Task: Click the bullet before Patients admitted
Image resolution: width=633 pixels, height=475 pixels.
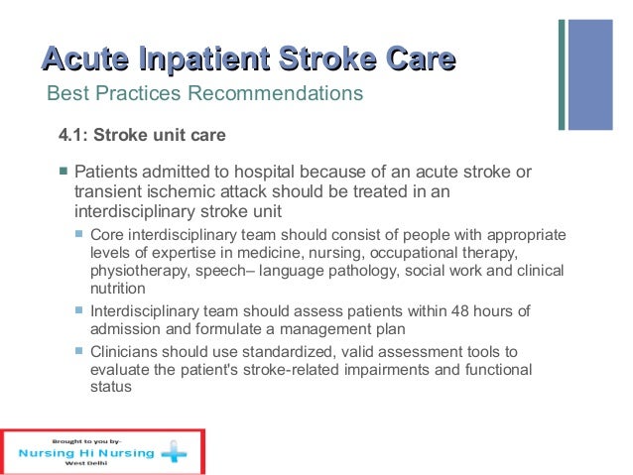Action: pos(62,172)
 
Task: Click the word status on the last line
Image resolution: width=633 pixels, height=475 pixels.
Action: pos(111,387)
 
